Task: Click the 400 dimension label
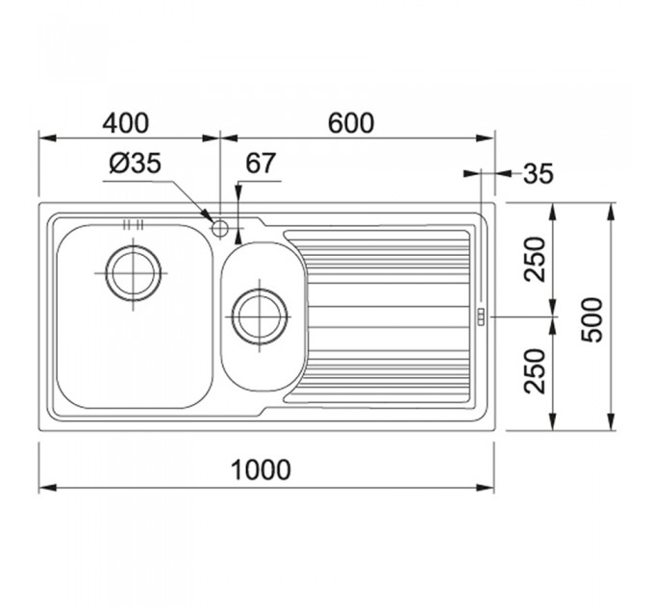(125, 123)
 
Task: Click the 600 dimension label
(351, 123)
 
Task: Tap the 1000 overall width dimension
(261, 469)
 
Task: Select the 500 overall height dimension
(592, 320)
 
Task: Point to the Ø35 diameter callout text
(136, 164)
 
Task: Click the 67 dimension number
(261, 164)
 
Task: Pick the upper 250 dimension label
(535, 260)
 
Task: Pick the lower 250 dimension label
(535, 371)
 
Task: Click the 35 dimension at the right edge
(539, 173)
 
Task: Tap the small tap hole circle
(219, 228)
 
